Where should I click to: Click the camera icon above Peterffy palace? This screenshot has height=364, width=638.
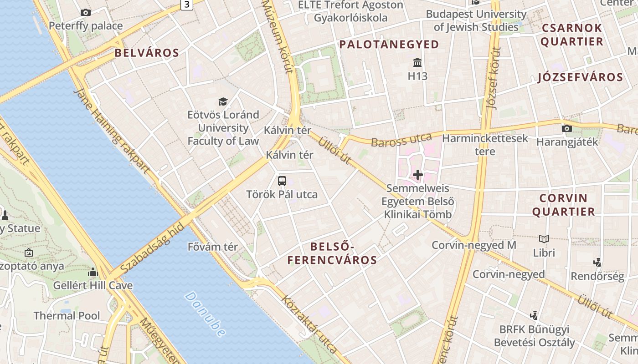[86, 13]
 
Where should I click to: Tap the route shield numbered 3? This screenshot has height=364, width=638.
[186, 5]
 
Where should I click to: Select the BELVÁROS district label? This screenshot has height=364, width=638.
[147, 53]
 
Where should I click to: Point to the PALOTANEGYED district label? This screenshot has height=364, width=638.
[389, 45]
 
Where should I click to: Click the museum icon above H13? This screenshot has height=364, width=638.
[417, 62]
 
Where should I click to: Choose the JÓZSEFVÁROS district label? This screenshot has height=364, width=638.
[580, 77]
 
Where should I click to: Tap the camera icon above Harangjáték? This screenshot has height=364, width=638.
[567, 129]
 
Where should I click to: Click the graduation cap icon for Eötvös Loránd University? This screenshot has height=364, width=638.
[223, 101]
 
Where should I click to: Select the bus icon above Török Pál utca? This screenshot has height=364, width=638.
[282, 181]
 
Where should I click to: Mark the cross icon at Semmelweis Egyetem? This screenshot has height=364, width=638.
[417, 174]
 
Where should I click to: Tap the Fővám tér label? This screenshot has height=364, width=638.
[213, 247]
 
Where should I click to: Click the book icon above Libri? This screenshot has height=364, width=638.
[544, 239]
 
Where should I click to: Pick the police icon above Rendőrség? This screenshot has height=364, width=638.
[597, 263]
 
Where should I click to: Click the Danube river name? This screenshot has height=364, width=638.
[206, 314]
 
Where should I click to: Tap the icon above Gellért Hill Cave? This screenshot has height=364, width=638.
[93, 273]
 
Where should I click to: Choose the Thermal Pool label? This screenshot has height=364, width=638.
[67, 316]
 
